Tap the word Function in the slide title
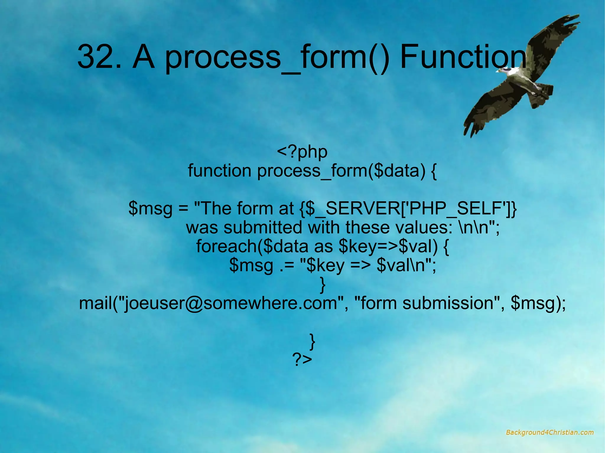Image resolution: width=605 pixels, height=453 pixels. (x=463, y=56)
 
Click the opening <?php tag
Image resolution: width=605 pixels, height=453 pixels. (x=302, y=152)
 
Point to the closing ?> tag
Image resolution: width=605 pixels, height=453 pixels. (x=302, y=360)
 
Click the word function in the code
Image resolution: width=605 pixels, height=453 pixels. (x=219, y=171)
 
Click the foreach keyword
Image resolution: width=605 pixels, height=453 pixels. (x=226, y=246)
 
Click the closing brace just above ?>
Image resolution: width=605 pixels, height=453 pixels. (x=312, y=341)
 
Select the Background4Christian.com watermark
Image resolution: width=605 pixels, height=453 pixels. (x=549, y=433)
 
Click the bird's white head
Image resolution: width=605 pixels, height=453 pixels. (x=507, y=71)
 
